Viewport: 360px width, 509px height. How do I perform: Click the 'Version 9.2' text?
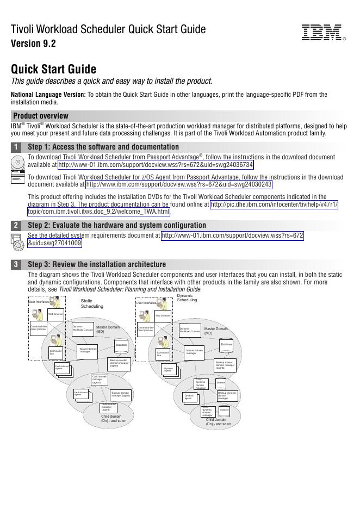[33, 44]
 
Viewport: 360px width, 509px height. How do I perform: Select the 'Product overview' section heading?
[41, 116]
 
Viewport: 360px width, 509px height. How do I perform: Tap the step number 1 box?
[16, 147]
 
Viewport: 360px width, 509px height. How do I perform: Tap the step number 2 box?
[16, 225]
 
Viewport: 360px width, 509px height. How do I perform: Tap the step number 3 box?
[16, 264]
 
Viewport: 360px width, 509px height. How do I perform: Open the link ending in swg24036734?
[156, 165]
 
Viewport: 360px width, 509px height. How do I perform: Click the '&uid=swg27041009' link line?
[54, 243]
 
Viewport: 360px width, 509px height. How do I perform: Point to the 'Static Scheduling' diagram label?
[91, 303]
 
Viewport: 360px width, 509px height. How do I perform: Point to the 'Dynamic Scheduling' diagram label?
[187, 298]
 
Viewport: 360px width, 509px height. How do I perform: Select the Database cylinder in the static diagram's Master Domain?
[122, 345]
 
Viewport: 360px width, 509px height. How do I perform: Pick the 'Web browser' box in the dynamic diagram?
[163, 315]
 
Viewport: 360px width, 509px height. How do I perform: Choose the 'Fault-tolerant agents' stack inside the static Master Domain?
[63, 368]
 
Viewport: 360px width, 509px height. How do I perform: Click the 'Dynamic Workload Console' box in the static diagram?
[83, 328]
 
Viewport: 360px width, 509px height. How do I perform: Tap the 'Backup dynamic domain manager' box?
[227, 395]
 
